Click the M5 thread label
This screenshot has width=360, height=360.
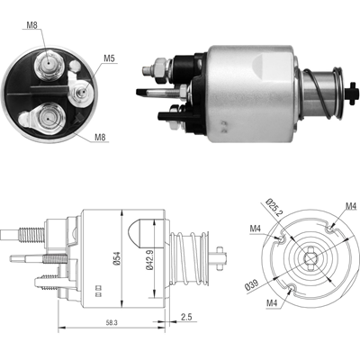pos(109,59)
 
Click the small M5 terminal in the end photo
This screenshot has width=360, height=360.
pos(78,89)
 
